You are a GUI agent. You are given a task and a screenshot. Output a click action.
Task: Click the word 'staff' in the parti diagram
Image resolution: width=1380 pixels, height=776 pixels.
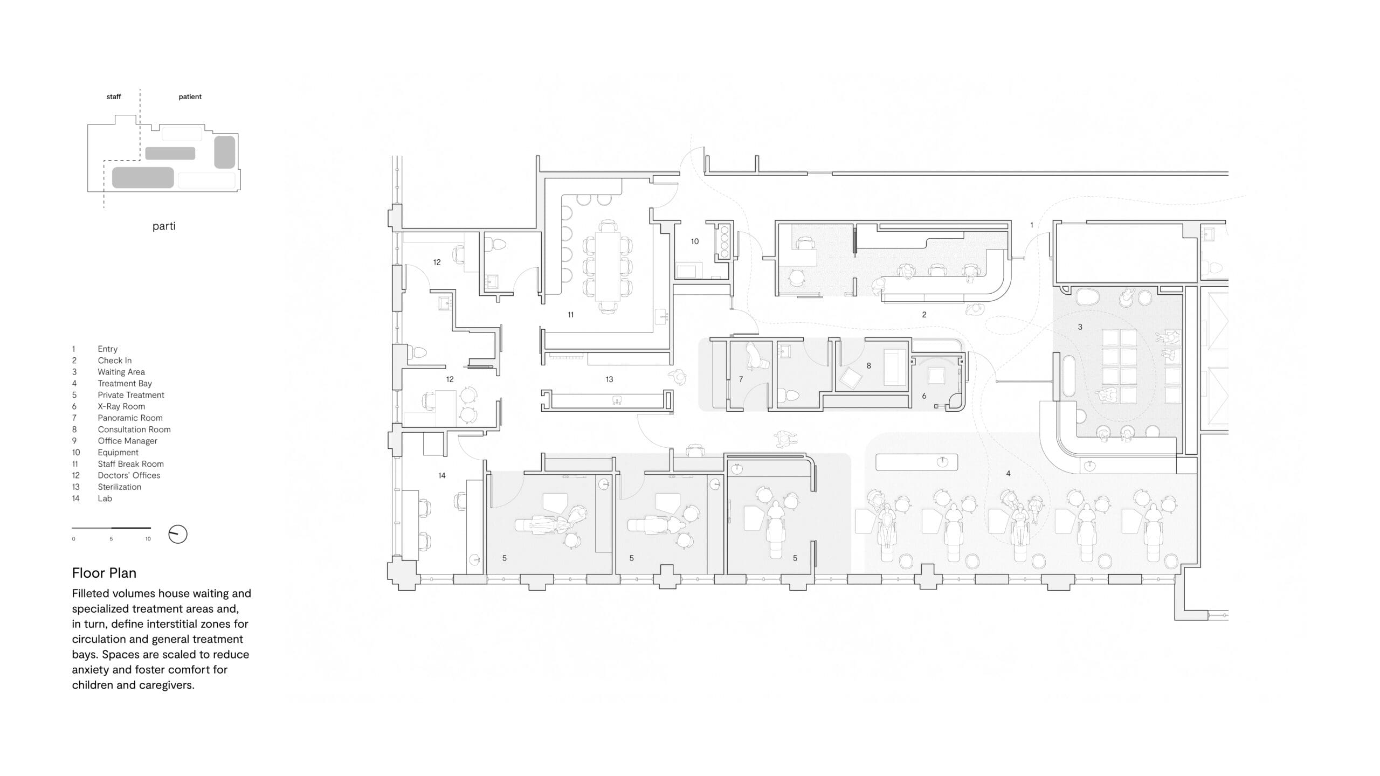tap(114, 97)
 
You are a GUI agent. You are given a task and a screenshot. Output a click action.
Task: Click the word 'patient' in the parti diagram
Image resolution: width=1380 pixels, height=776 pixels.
tap(190, 97)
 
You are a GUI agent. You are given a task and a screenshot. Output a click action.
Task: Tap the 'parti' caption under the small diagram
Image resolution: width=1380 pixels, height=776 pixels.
tap(164, 226)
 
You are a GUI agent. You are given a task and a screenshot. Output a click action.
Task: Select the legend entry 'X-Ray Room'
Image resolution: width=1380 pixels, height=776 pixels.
tap(121, 406)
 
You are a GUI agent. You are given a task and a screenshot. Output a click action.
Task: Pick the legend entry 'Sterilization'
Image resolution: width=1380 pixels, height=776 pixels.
tap(119, 487)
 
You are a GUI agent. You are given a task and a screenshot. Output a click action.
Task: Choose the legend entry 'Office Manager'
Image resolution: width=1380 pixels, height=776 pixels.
tap(127, 441)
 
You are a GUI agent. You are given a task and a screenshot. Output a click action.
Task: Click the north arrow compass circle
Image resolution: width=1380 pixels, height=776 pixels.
tap(178, 534)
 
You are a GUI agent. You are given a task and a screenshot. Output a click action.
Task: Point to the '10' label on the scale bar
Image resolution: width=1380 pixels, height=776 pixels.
tap(148, 539)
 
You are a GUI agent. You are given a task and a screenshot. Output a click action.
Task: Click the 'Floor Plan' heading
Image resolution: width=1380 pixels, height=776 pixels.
tap(104, 573)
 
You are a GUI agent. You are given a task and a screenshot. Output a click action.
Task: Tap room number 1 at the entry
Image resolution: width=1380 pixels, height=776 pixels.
tap(1032, 225)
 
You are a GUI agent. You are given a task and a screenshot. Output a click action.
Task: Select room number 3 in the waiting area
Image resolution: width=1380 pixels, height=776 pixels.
tap(1080, 327)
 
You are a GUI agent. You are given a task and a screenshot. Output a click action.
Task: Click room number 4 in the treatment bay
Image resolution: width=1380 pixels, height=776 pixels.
tap(1008, 474)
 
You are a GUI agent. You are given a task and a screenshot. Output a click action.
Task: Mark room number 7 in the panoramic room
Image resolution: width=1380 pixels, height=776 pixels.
tap(741, 379)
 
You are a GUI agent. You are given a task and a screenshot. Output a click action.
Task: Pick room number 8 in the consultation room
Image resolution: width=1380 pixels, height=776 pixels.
tap(868, 365)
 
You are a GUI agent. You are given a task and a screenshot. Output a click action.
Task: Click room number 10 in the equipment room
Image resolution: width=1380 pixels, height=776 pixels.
tap(695, 241)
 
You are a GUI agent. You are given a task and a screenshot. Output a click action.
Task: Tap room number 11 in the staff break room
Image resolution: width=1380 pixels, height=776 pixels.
tap(570, 315)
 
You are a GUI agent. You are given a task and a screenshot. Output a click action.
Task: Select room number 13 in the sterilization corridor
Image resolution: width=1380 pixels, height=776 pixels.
tap(609, 379)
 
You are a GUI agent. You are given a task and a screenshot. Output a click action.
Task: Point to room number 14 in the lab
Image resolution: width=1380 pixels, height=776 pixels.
tap(441, 475)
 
